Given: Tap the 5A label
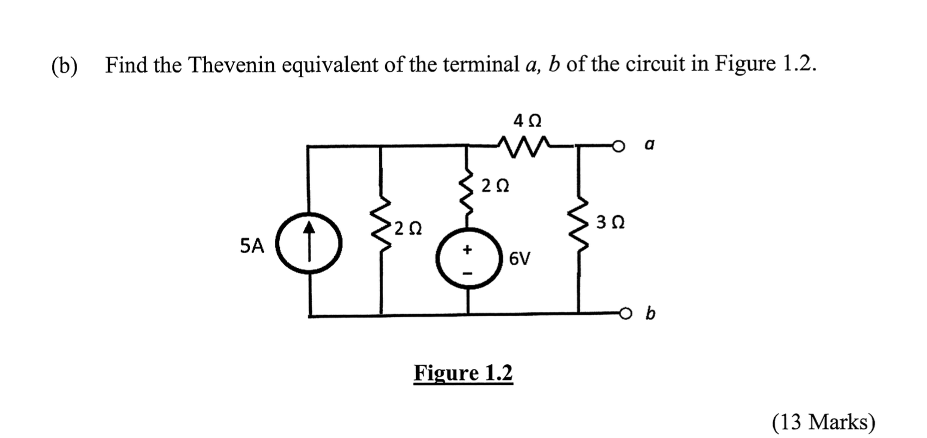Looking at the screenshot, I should point(252,247).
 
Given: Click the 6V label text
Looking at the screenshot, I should point(520,259).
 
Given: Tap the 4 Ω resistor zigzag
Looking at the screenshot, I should point(524,145).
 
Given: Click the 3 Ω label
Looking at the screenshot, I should point(610,222).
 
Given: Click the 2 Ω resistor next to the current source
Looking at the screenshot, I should point(382,228).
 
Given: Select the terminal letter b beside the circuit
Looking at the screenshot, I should point(650,314).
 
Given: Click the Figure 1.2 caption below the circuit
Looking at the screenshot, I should point(463,373).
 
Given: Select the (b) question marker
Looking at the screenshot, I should point(65,66).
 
